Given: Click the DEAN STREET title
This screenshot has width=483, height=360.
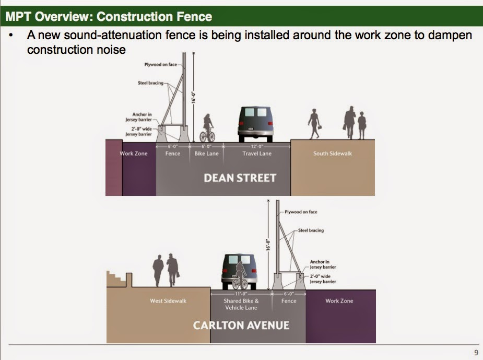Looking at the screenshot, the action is pos(240,178).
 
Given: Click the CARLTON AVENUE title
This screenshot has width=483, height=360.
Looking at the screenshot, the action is pos(241,325).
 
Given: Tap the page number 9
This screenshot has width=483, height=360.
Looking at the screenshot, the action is pos(476,353).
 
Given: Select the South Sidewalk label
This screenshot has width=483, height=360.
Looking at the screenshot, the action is pos(332,154).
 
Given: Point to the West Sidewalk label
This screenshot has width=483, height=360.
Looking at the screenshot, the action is pos(168,301).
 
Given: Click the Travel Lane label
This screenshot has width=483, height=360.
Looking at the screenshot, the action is pos(256,154).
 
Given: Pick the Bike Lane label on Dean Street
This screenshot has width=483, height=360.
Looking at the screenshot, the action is pos(207,154).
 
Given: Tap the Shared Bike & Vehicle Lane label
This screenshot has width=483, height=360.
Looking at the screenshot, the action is pos(241,304).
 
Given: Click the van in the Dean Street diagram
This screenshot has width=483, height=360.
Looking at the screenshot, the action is pos(256,124).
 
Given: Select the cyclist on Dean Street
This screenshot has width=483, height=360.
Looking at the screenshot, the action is pos(208,129).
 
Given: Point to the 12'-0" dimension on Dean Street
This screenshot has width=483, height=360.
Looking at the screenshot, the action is pos(256,147).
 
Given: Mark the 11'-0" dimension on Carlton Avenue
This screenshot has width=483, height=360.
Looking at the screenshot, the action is pos(241,294).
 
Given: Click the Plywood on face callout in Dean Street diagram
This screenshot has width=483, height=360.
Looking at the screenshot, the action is pos(160,65).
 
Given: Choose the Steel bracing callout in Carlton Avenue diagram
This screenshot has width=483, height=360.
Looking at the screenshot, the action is pos(311,230).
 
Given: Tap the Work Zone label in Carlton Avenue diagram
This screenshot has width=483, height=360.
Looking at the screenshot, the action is pos(339,301).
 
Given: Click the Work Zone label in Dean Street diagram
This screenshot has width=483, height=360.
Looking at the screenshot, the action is pos(134,154).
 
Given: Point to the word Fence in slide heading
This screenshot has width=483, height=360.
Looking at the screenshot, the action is pos(194,17).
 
